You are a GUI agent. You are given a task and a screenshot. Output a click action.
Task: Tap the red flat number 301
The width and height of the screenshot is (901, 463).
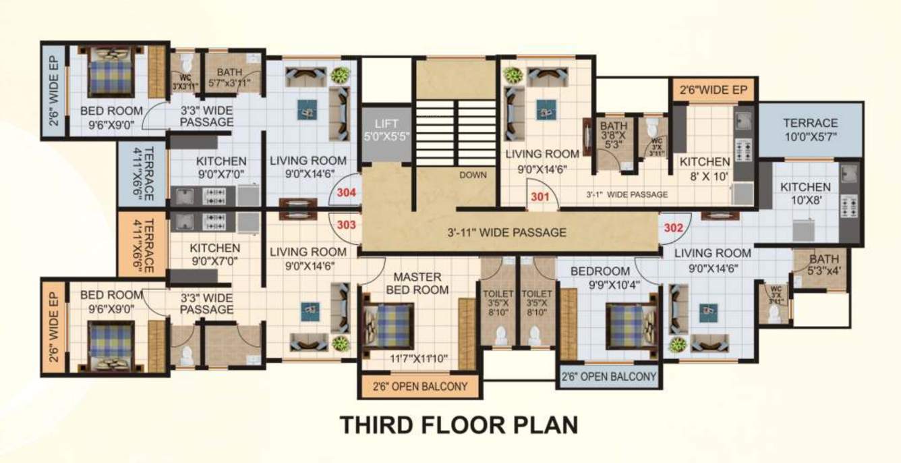(540, 198)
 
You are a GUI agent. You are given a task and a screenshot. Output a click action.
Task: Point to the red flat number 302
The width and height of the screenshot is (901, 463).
(673, 227)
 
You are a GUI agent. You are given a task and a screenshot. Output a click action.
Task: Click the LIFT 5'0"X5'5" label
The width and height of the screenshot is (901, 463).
(387, 130)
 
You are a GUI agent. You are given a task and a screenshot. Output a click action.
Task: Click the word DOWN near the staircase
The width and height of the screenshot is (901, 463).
(473, 175)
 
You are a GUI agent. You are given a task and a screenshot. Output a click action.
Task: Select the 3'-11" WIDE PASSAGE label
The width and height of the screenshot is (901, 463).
(506, 233)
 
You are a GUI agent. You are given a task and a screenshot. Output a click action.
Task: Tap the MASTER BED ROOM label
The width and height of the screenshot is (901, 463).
(417, 283)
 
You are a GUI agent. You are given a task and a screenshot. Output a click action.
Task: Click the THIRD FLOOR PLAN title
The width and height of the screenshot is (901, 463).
(459, 425)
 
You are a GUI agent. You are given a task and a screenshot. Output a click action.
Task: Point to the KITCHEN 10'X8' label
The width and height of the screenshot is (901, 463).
(805, 194)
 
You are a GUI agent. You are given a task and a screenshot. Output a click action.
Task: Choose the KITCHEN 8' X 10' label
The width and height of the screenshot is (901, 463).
(704, 168)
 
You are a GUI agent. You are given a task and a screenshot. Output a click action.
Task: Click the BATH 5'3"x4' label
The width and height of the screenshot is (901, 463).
(824, 265)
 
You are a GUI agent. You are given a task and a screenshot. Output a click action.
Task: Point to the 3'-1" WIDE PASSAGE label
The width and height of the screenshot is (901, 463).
(627, 194)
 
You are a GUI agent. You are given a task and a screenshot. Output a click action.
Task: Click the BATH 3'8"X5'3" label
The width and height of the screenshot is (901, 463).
(614, 134)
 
